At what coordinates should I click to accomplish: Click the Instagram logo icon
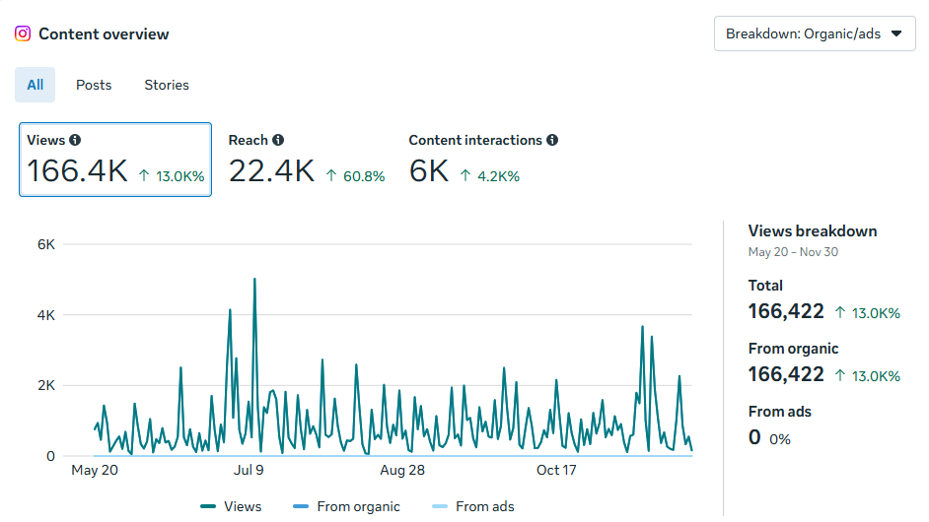[23, 33]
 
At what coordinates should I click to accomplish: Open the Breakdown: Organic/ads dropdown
[814, 33]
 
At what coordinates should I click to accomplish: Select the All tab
[36, 85]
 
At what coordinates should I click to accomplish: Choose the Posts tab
[94, 85]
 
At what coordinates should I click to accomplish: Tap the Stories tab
[167, 85]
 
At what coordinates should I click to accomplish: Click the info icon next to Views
[75, 140]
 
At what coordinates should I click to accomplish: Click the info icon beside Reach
[278, 140]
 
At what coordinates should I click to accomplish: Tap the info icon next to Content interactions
[552, 140]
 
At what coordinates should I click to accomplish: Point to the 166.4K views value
[77, 171]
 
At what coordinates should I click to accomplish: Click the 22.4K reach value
[271, 171]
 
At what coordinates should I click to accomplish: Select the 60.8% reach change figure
[362, 176]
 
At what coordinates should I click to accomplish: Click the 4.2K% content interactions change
[497, 176]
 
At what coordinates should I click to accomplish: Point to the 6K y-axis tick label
[45, 244]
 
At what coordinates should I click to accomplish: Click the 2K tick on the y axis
[45, 385]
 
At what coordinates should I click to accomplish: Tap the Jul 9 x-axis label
[250, 470]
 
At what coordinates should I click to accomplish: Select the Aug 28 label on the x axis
[402, 470]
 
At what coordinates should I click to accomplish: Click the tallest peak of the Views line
[254, 279]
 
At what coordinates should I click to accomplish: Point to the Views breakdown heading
[812, 230]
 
